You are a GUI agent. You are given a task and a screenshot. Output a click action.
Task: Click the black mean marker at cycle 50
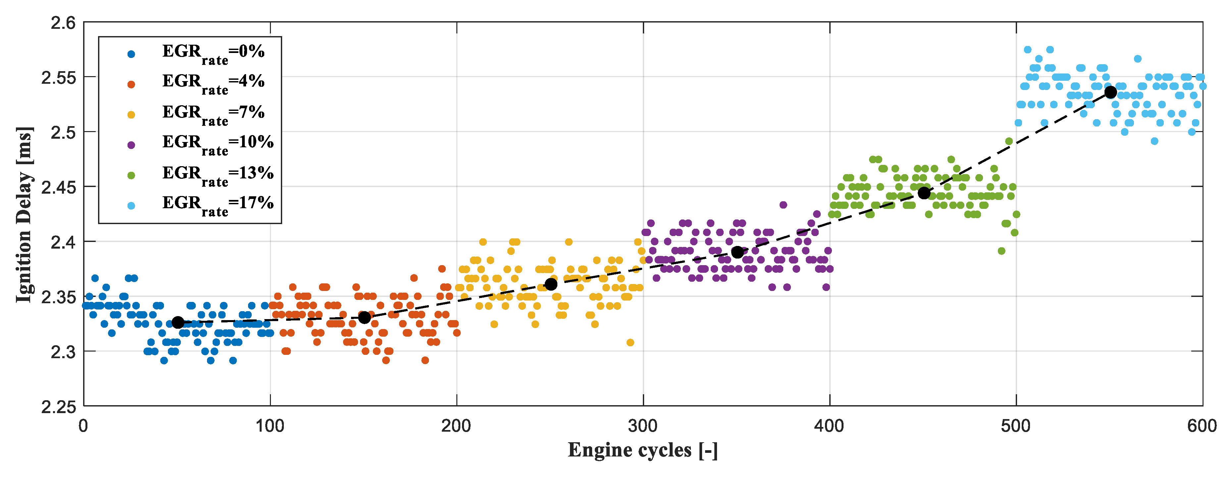(178, 323)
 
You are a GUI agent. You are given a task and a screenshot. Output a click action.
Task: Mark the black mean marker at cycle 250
(551, 284)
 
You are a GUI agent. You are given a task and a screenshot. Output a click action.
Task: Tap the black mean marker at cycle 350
(738, 252)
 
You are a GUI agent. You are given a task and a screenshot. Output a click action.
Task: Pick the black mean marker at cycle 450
(924, 193)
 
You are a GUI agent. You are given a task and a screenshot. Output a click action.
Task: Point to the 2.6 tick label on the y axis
(63, 23)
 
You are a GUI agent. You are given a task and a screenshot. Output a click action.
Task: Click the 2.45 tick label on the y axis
(58, 187)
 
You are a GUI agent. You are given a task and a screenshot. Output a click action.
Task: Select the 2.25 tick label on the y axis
(58, 407)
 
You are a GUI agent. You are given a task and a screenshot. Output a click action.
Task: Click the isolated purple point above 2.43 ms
(783, 205)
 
